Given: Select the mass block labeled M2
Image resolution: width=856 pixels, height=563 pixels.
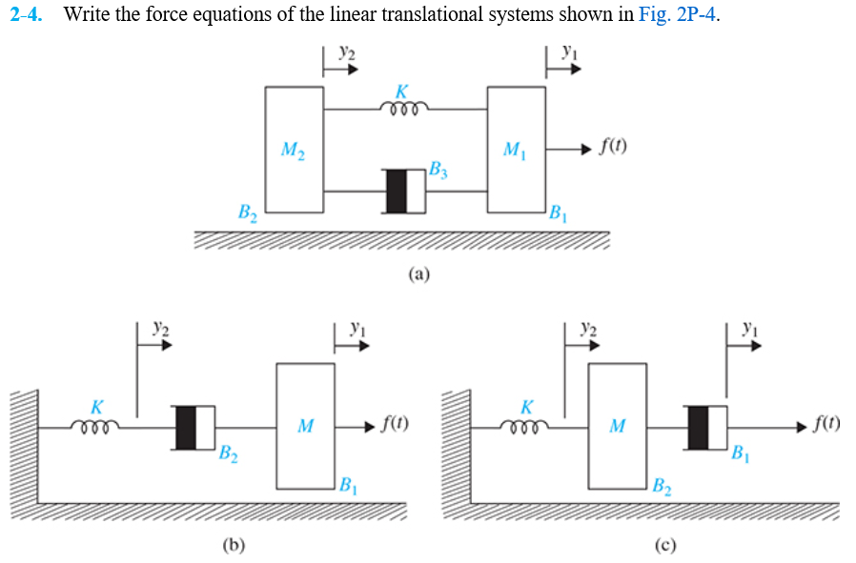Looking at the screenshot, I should tap(294, 150).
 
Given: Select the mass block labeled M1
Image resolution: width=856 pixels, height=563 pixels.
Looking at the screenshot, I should tap(516, 150).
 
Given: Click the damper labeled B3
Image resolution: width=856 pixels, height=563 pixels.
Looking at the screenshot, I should tap(405, 191).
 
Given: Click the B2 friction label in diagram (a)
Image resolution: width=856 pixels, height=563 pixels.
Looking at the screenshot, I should tap(248, 211).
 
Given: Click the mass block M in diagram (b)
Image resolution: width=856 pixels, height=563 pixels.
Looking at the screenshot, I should tap(305, 425).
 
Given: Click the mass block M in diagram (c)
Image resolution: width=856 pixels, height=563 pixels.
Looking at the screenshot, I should tap(617, 425).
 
